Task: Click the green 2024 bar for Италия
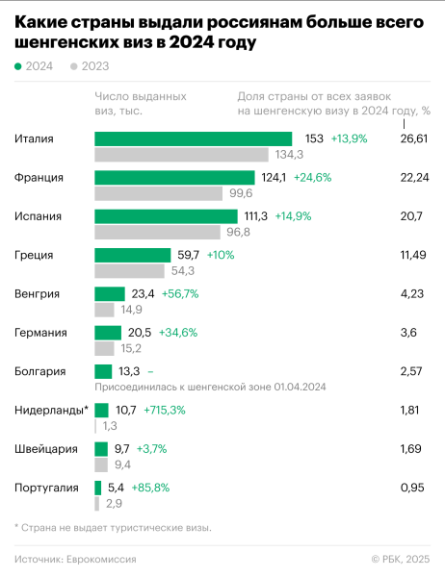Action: [x=193, y=138]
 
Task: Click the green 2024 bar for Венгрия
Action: [x=110, y=293]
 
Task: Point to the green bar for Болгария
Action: [x=103, y=371]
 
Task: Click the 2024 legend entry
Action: [x=34, y=66]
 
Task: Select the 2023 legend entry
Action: [x=90, y=66]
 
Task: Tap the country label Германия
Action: [x=40, y=333]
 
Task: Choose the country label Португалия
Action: [x=46, y=488]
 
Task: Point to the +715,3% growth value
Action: [x=164, y=411]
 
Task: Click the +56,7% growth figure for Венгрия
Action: [x=180, y=293]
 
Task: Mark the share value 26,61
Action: [x=413, y=138]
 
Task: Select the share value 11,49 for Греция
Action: [x=412, y=255]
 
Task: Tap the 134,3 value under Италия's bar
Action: [x=289, y=154]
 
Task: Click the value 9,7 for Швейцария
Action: [x=121, y=449]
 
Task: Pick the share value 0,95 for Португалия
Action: [x=411, y=488]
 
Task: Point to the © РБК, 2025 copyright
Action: [x=401, y=559]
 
